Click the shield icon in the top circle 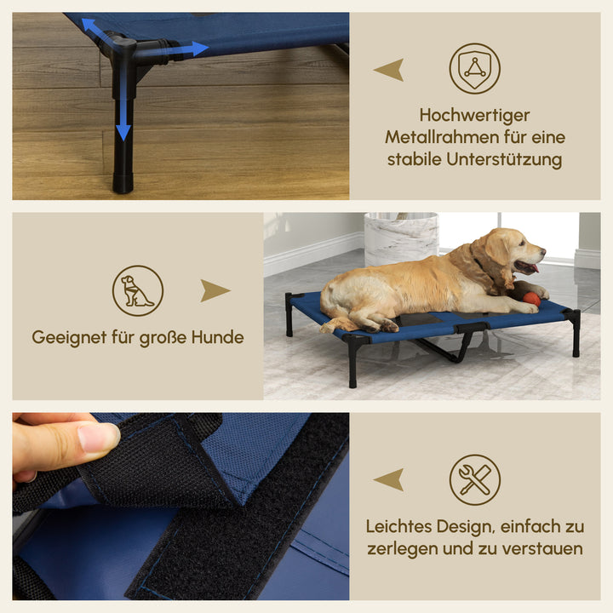coord(474,68)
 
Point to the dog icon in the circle coord(137,290)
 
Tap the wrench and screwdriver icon coord(474,479)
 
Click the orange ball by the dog coord(531,299)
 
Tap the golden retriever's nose coord(541,251)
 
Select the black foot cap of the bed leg coord(123,181)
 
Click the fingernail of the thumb coord(98,438)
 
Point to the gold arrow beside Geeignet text coord(215,291)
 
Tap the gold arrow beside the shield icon coord(389,70)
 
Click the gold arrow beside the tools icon coord(389,480)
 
